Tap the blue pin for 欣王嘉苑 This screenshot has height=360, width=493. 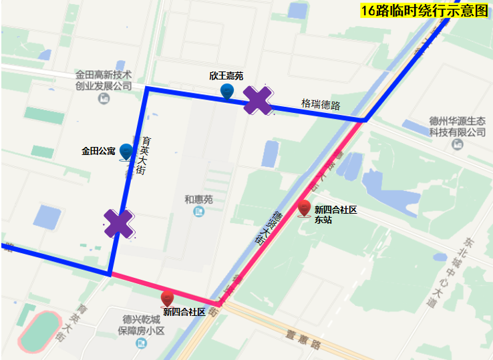pyautogui.click(x=227, y=91)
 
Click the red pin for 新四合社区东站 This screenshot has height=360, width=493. pyautogui.click(x=305, y=208)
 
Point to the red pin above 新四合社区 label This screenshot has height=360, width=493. pyautogui.click(x=168, y=299)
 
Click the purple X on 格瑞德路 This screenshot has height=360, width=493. pyautogui.click(x=257, y=101)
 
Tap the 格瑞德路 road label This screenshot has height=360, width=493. pyautogui.click(x=321, y=105)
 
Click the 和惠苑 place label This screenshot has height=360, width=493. pyautogui.click(x=198, y=199)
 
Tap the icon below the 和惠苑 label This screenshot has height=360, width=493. pyautogui.click(x=198, y=212)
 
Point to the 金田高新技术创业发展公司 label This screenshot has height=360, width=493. pyautogui.click(x=104, y=80)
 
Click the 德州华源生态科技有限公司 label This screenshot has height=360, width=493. pyautogui.click(x=458, y=127)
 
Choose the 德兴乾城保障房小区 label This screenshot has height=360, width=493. pyautogui.click(x=141, y=325)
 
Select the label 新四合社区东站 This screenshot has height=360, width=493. pyautogui.click(x=335, y=214)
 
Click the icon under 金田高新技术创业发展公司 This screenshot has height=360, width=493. pyautogui.click(x=104, y=99)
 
